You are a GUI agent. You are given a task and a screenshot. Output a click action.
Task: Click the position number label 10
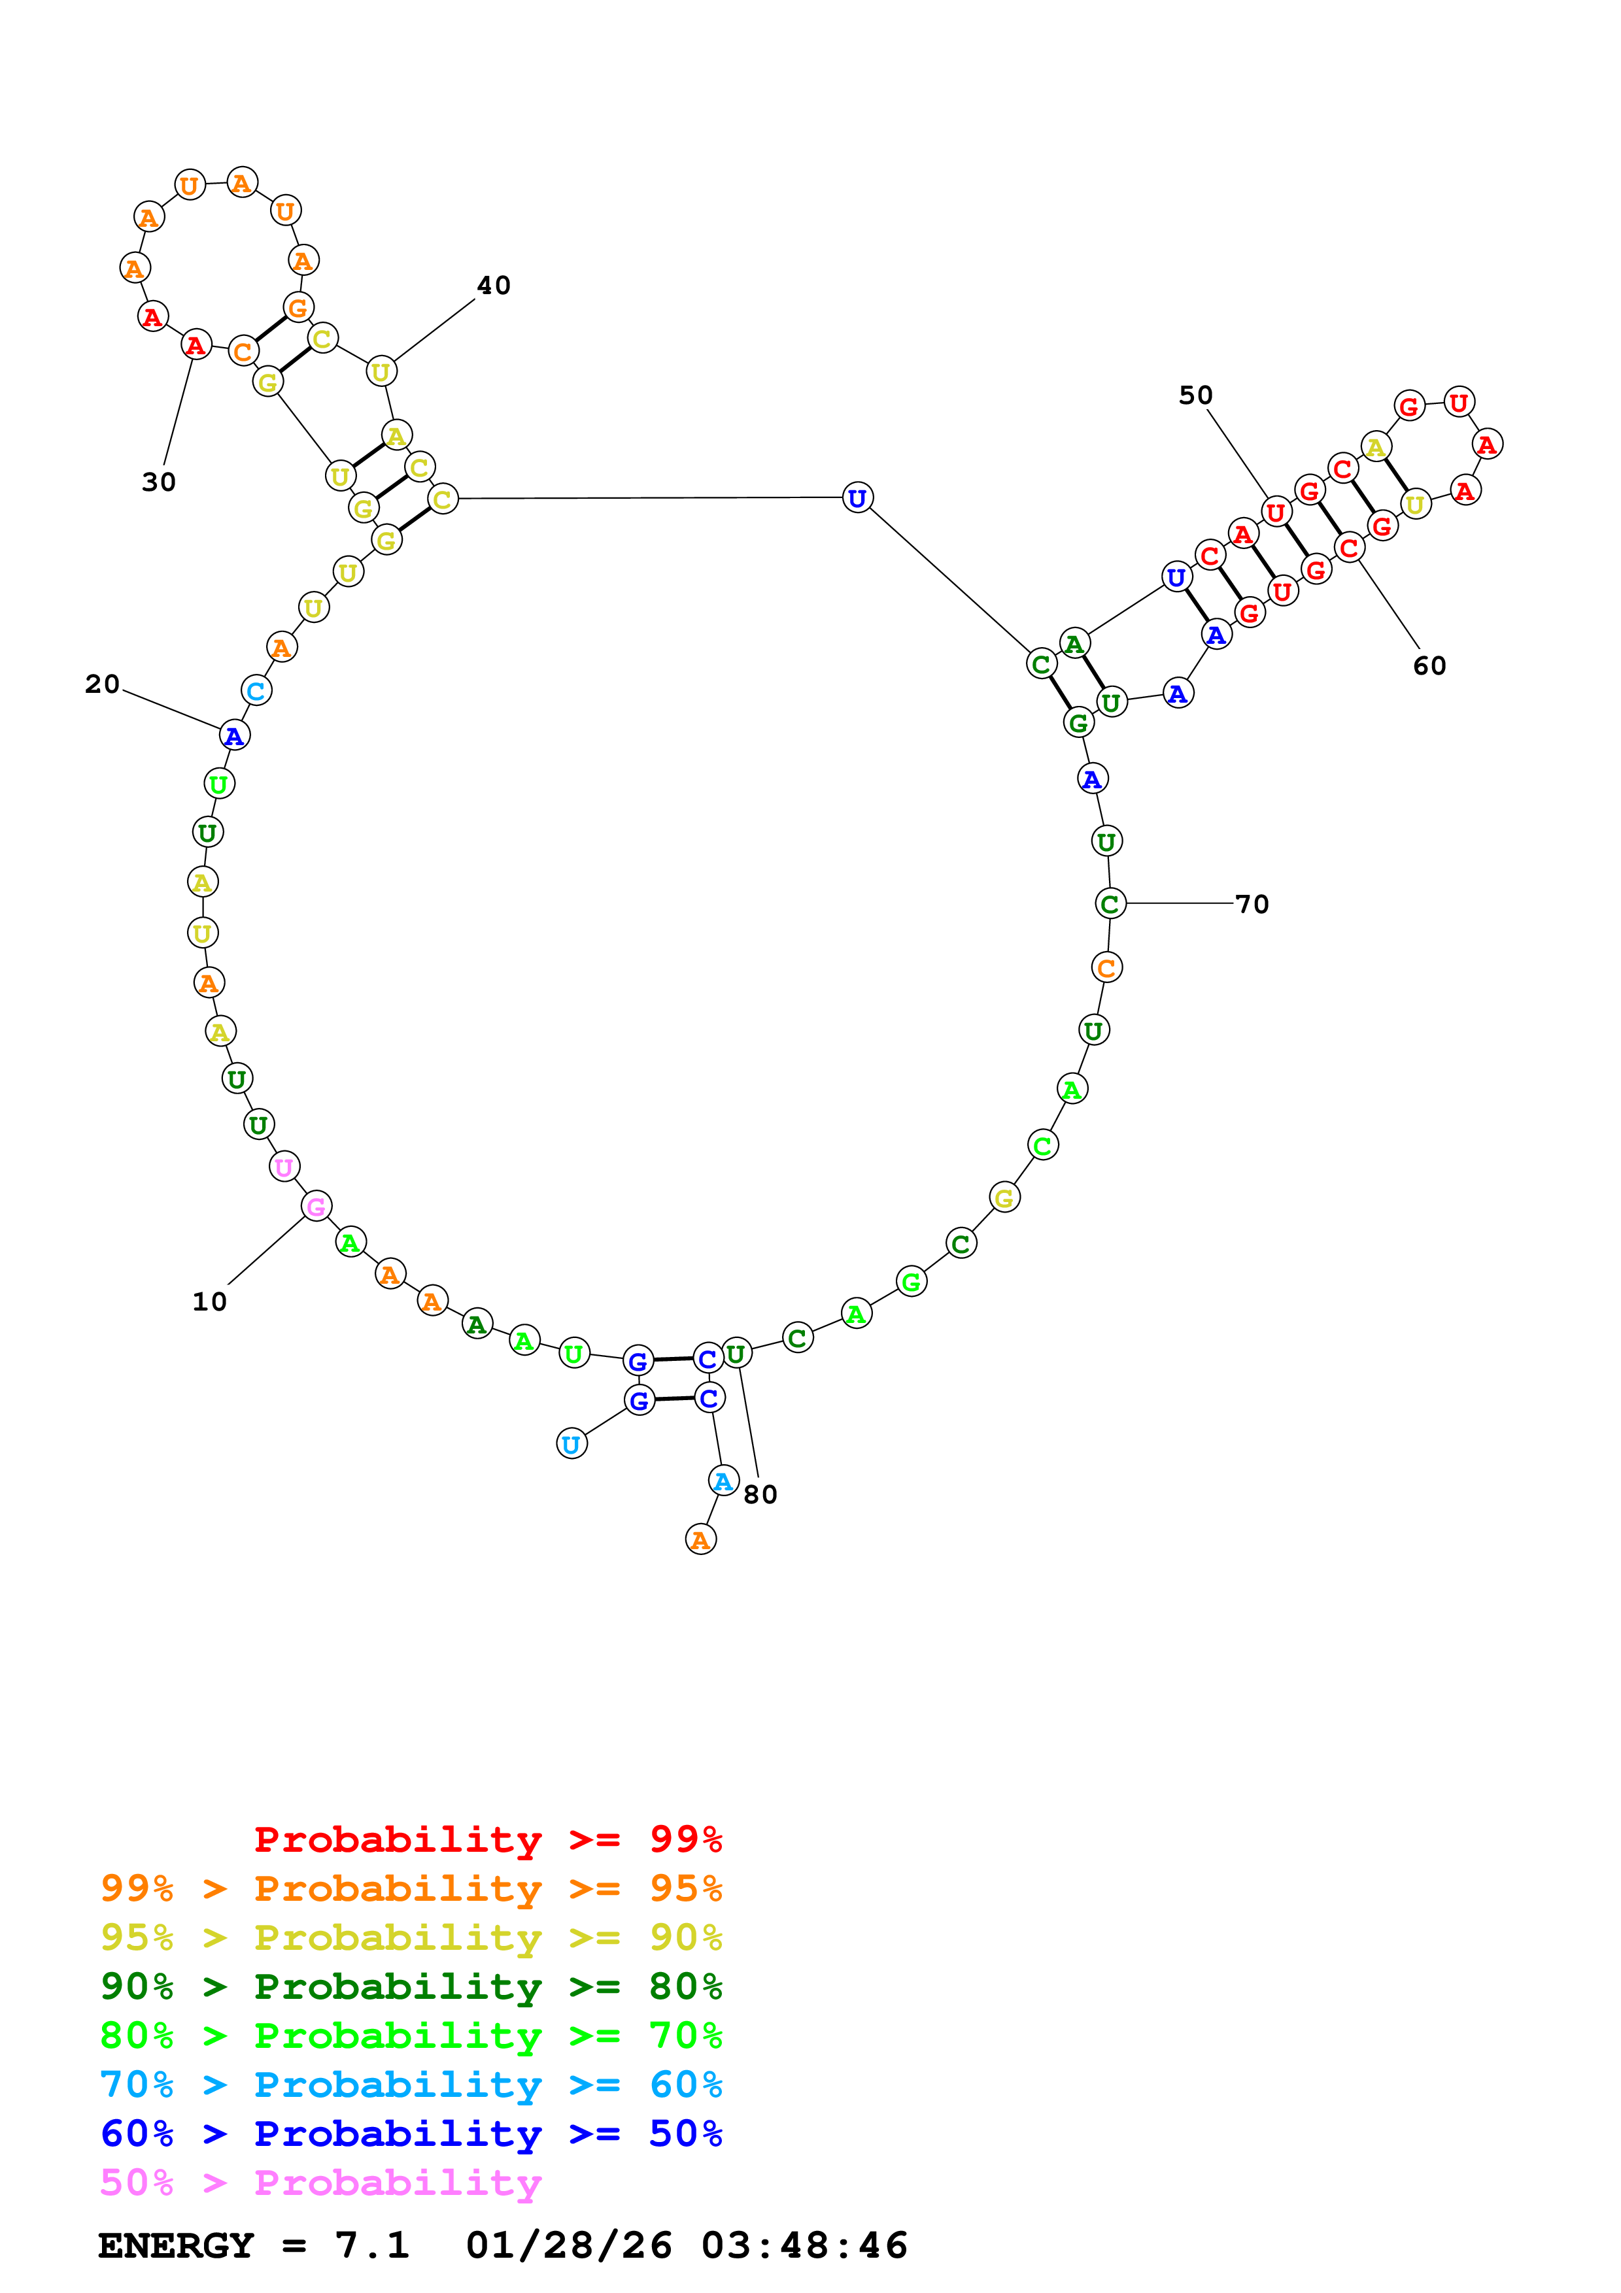coord(210,1301)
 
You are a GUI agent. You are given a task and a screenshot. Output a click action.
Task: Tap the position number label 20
coord(102,684)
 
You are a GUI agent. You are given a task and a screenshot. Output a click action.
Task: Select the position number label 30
coord(159,482)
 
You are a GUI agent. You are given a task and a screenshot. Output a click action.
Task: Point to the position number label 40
coord(494,286)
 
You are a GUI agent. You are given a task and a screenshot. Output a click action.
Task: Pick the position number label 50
coord(1195,395)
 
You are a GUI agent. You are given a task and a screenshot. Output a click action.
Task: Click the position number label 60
coord(1429,666)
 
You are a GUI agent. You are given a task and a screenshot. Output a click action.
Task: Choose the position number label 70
coord(1252,905)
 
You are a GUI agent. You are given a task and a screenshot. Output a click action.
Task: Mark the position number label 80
coord(760,1495)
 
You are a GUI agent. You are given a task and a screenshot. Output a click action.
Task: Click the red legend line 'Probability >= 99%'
coord(487,1839)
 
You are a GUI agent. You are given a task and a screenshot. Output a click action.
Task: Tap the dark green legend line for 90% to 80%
coord(411,1986)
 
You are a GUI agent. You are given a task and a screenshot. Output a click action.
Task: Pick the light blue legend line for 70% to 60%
coord(411,2084)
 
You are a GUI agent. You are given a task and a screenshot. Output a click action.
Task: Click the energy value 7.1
coord(371,2245)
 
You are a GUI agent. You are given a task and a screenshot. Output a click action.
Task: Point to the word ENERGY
coord(176,2245)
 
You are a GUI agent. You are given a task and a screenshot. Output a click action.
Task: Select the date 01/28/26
coord(568,2245)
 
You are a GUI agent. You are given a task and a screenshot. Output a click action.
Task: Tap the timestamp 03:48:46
coord(804,2245)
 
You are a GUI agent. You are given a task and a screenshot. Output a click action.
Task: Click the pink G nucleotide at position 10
coord(316,1207)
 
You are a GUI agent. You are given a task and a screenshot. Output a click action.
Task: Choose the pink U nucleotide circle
coord(284,1167)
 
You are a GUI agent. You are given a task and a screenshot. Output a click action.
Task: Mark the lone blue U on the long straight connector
coord(857,497)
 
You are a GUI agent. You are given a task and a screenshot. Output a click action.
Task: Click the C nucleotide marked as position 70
coord(1110,904)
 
